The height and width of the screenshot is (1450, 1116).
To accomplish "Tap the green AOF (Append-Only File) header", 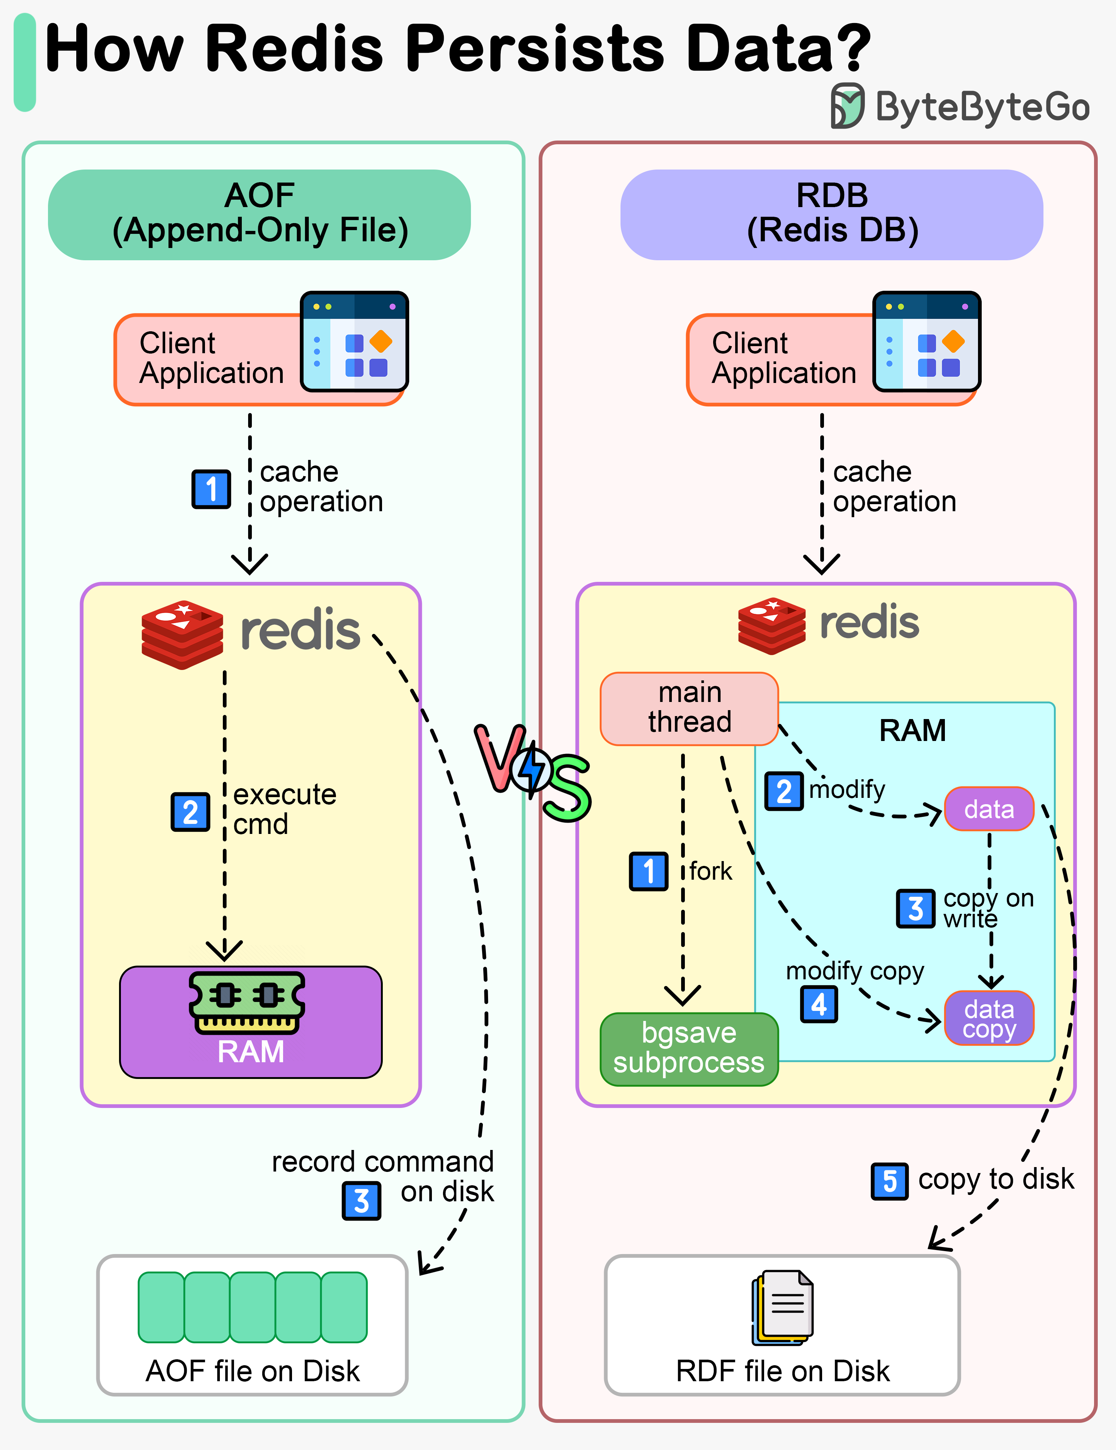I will pos(259,214).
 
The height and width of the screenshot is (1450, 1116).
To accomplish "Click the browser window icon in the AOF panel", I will pos(354,341).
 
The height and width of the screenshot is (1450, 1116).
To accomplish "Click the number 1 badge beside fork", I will pos(648,871).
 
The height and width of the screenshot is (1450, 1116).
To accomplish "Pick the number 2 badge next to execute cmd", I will pos(190,812).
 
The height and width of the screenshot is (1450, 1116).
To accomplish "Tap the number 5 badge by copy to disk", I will pos(889,1182).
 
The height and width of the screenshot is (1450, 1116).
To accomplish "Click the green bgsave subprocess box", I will pos(689,1049).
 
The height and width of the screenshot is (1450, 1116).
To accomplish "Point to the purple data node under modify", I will pos(989,809).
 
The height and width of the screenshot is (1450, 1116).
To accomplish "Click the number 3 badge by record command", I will pos(361,1201).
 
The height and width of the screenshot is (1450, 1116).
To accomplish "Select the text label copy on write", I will pos(988,908).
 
